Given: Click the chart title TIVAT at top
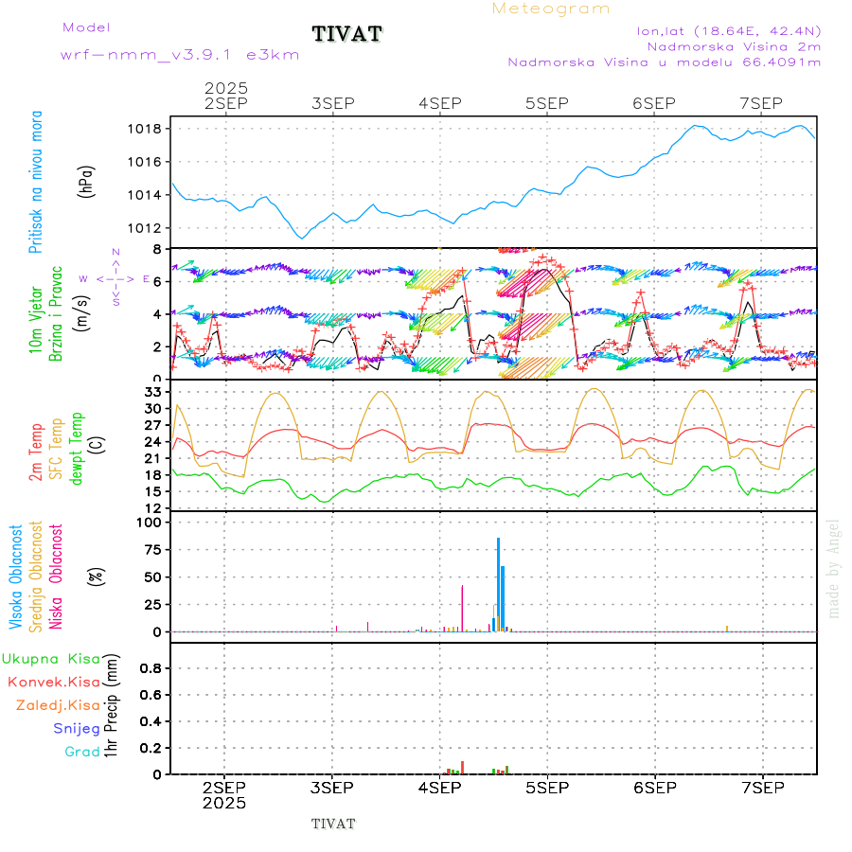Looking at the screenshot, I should coord(346,35).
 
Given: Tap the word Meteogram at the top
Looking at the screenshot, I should coord(551,9).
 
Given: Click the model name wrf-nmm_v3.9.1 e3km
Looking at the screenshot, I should coord(180,55).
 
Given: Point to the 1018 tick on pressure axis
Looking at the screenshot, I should coord(151,129).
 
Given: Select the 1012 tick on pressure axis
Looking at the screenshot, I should coord(151,228).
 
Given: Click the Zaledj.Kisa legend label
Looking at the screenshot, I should coord(59,705).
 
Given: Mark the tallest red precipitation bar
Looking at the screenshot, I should coord(462,767).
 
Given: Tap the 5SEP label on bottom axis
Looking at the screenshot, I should coord(546,788).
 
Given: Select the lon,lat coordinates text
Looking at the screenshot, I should coord(729,30).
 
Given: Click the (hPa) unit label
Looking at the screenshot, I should coord(86,181).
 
